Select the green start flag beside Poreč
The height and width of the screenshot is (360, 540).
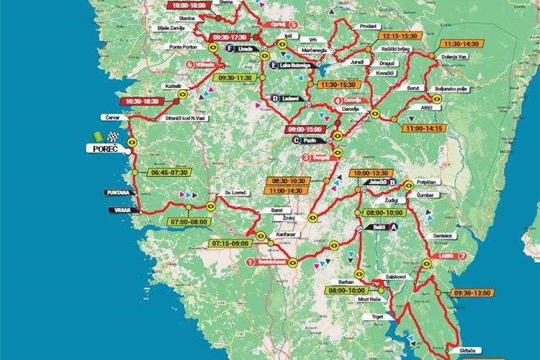[x=97, y=136]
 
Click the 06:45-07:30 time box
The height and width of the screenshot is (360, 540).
[x=169, y=173]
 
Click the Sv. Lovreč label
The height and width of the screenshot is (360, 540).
[x=235, y=194]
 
